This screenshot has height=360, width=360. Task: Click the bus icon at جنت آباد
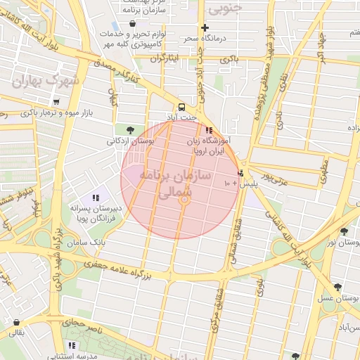tap(183, 108)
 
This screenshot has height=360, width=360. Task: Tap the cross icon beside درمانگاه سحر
tap(205, 29)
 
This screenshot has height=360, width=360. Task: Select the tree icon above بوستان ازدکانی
tap(130, 129)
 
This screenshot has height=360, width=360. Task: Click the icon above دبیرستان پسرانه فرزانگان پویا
tap(96, 198)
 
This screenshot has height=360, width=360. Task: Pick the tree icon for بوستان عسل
tap(338, 287)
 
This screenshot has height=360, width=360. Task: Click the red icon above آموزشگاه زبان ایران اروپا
tap(208, 130)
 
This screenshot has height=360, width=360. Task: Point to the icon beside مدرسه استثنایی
tap(72, 345)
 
